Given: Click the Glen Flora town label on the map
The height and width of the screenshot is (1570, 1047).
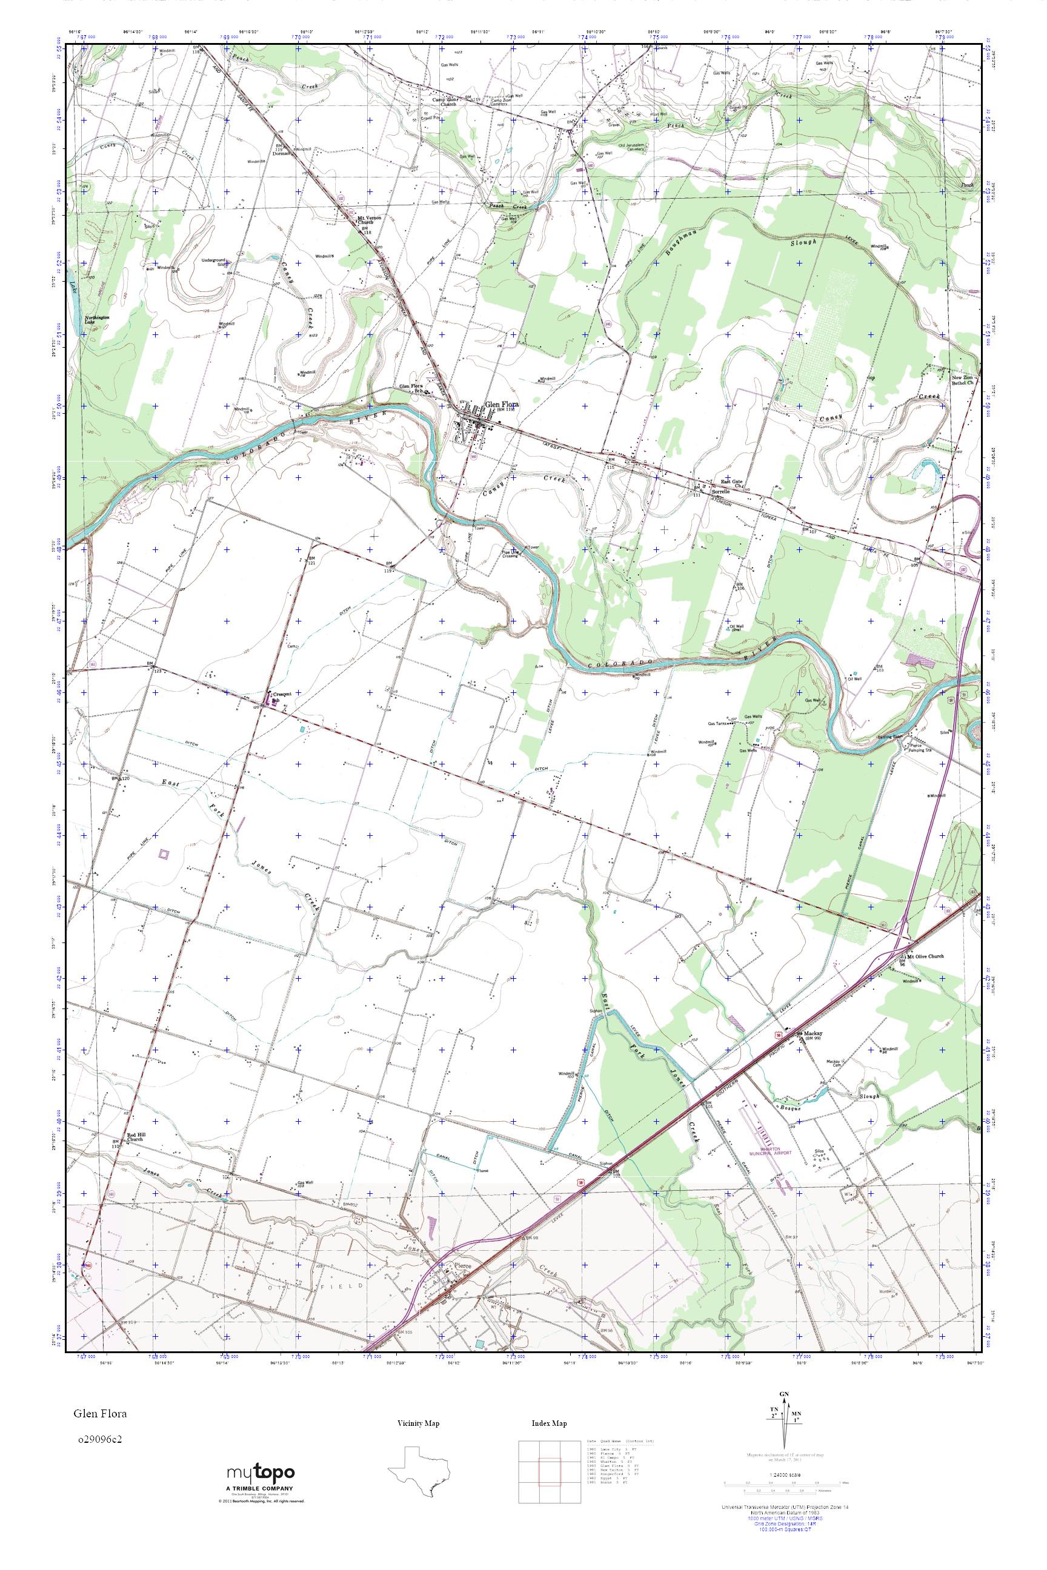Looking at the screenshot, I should tap(502, 405).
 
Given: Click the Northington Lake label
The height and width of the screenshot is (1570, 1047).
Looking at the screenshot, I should tap(97, 320).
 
